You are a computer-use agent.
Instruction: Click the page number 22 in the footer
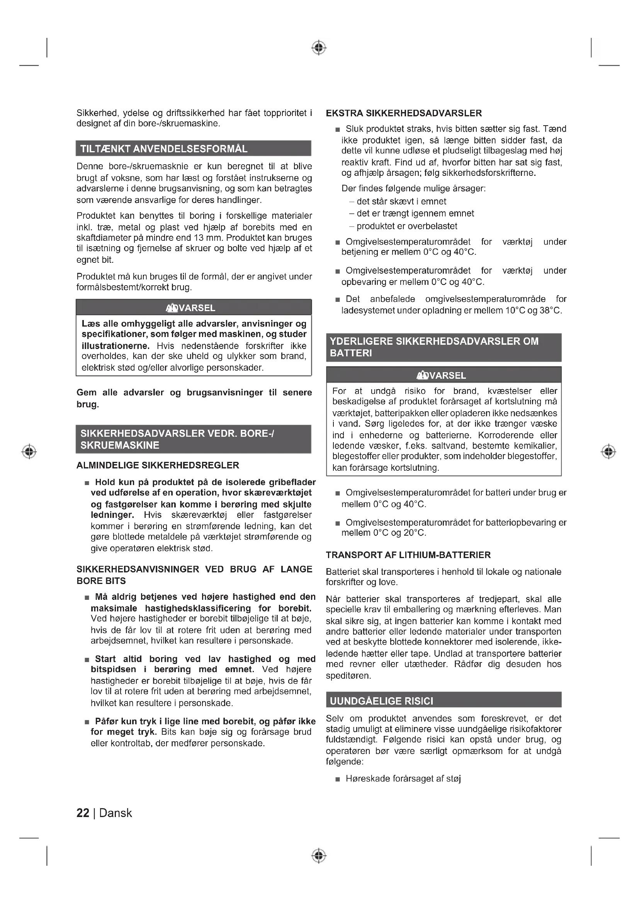83,813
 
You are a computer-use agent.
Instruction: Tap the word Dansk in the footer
116,813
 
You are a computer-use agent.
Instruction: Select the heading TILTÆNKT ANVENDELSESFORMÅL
164,149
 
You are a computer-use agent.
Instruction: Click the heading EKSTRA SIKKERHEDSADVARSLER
404,113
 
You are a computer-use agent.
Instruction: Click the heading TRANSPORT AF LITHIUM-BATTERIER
408,555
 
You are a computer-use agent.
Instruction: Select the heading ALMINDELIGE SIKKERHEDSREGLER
158,465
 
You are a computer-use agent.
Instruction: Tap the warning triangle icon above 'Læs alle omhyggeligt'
172,308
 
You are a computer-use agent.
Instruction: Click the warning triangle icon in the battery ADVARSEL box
423,376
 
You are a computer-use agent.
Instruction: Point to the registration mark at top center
319,48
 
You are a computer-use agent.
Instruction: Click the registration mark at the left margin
29,451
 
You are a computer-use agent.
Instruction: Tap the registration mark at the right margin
609,451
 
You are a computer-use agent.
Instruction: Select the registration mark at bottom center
319,856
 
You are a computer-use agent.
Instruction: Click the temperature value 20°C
415,533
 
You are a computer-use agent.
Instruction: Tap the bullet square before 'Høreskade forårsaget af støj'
338,779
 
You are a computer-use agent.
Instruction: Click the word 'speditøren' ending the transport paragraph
348,676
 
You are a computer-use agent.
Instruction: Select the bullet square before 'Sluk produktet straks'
338,129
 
